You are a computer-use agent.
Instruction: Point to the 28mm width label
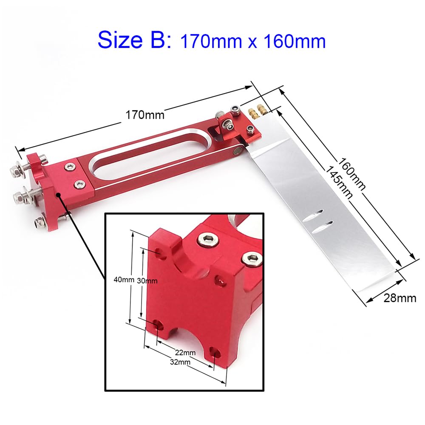(400, 298)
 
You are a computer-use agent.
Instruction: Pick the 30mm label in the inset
(147, 280)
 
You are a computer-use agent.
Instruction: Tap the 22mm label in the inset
(185, 353)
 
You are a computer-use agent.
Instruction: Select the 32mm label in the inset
(179, 362)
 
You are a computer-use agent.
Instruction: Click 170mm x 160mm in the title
(253, 41)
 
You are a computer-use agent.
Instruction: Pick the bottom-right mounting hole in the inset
(215, 352)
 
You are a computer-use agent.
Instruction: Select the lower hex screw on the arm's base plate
(79, 184)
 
